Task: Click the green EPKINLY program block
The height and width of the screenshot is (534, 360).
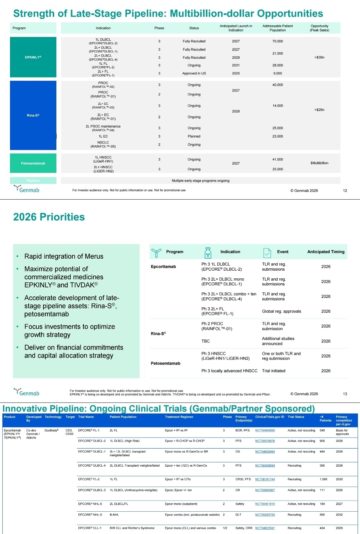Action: [33, 57]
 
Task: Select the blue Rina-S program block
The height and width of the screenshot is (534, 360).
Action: [33, 115]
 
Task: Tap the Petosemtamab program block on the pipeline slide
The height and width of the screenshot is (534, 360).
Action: [33, 163]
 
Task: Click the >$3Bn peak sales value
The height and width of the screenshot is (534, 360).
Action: [319, 57]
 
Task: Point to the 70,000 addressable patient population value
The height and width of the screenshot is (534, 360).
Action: [278, 41]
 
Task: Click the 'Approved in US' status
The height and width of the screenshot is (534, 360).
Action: [194, 73]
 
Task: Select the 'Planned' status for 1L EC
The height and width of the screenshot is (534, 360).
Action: [194, 137]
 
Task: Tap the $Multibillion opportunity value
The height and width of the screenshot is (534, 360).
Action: [319, 163]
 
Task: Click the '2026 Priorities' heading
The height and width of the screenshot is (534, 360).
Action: [49, 217]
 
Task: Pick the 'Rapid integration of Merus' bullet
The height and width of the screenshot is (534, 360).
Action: [64, 256]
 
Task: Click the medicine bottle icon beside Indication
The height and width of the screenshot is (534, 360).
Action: [208, 253]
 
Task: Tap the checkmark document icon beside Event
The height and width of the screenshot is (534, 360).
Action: [267, 253]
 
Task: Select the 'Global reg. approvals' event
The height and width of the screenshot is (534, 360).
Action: [281, 311]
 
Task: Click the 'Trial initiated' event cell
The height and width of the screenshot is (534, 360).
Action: [274, 371]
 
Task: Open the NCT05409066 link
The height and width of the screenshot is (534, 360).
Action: [265, 431]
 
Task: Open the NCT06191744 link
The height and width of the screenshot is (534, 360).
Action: [265, 479]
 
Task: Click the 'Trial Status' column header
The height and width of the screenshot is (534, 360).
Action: [296, 417]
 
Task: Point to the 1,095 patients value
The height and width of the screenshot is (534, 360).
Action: [323, 479]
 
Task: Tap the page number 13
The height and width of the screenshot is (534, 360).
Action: [345, 394]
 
